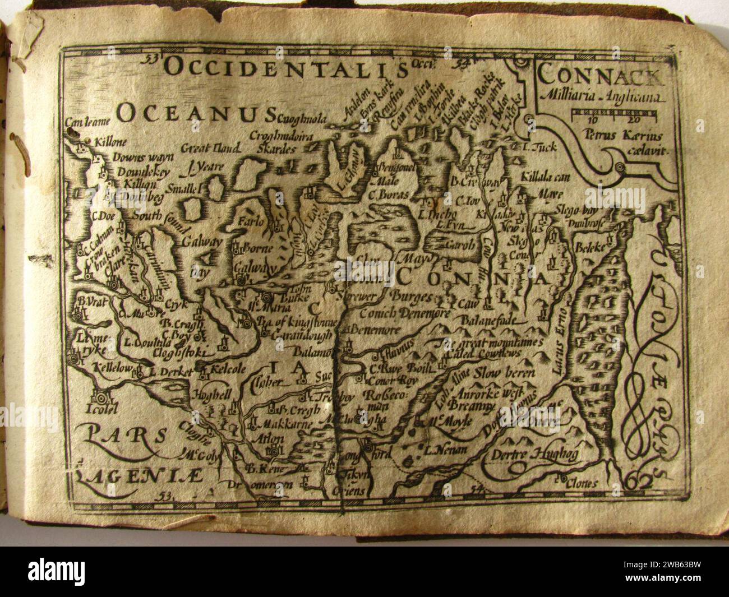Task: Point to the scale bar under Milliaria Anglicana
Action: pyautogui.click(x=614, y=117)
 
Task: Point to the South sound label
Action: pyautogui.click(x=151, y=214)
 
